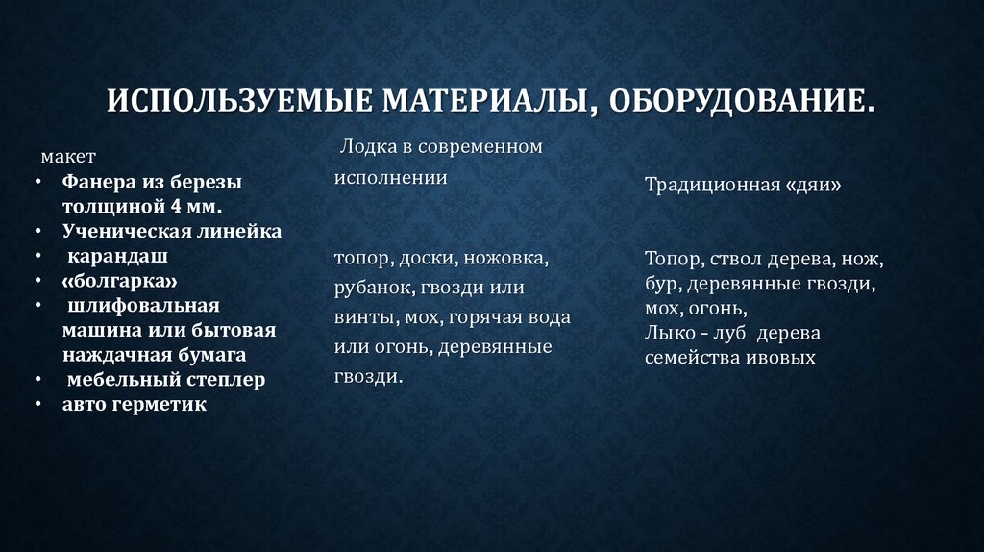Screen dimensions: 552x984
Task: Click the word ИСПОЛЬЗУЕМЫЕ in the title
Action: click(x=239, y=100)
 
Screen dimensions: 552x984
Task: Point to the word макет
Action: click(x=67, y=156)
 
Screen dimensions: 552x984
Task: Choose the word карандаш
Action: click(x=116, y=256)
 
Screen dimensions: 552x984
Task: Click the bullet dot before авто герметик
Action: click(x=37, y=405)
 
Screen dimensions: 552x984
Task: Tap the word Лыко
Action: click(x=667, y=333)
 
